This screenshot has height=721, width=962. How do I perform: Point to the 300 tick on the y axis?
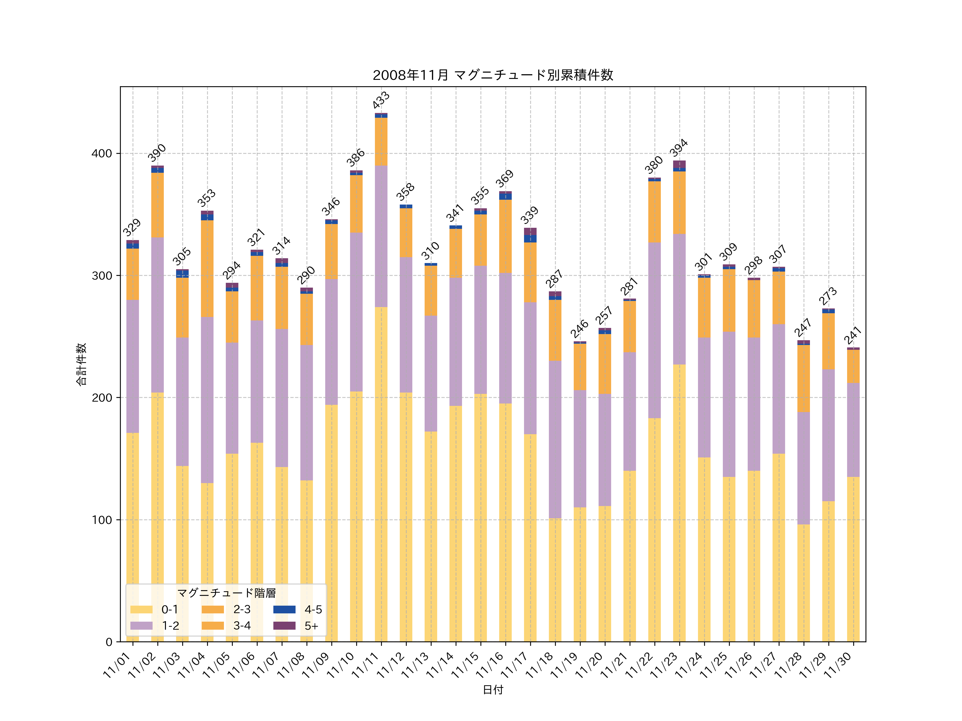[102, 276]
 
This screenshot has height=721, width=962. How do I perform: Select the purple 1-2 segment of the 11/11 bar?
[381, 236]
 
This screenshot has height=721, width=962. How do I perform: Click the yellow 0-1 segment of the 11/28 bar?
[803, 582]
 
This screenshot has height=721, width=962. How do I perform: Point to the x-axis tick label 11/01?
[117, 665]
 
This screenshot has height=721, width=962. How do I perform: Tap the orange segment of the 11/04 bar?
[207, 269]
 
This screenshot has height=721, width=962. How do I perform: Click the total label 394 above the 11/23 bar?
[678, 148]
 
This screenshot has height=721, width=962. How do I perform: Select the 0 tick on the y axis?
[109, 642]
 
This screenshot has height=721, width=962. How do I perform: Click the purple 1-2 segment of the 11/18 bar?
[555, 439]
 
